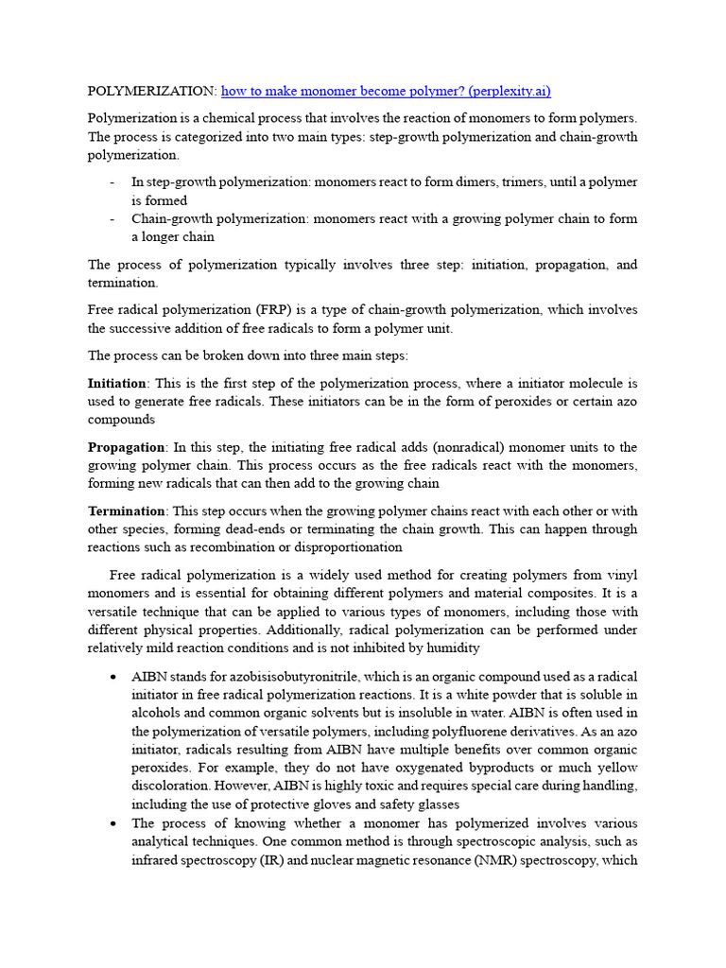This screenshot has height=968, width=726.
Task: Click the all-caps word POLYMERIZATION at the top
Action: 152,92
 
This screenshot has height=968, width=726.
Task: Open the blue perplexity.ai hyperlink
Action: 385,92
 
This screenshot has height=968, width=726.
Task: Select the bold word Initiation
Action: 117,384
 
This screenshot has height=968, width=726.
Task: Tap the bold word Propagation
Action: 126,447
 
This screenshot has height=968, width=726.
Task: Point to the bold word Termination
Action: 126,511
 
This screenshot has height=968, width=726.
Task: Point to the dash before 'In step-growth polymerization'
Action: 112,182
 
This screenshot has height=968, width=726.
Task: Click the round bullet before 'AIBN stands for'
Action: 113,678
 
